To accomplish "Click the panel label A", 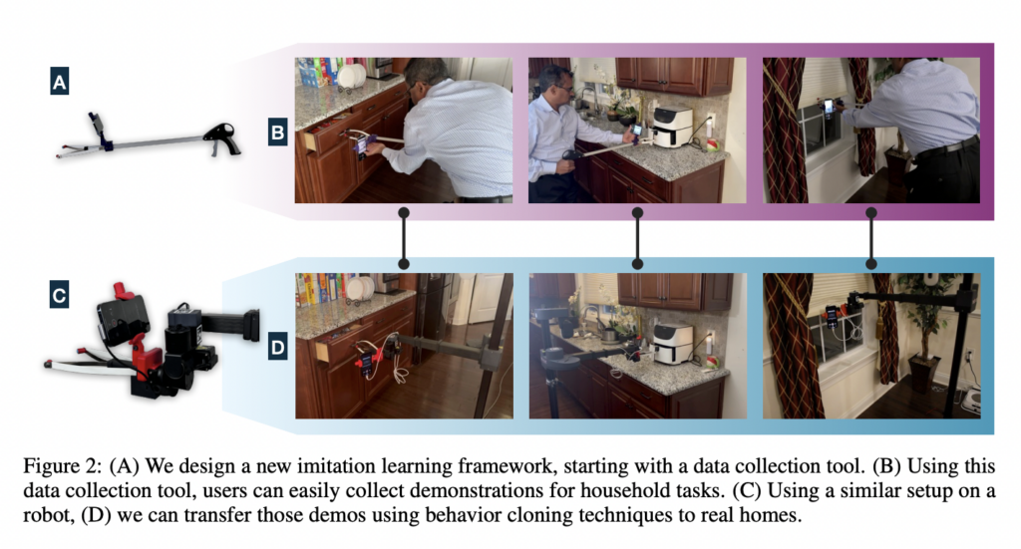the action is pyautogui.click(x=59, y=82).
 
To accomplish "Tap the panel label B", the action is pyautogui.click(x=277, y=133).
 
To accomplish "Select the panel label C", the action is pyautogui.click(x=59, y=295).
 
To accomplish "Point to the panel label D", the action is pyautogui.click(x=278, y=348).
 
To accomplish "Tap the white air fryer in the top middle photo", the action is pyautogui.click(x=671, y=128).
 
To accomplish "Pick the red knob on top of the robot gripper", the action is pyautogui.click(x=121, y=290).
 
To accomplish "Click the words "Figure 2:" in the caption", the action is pyautogui.click(x=63, y=465).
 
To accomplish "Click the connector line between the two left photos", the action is pyautogui.click(x=404, y=238).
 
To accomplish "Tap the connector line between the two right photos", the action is pyautogui.click(x=871, y=238).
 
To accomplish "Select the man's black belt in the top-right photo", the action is pyautogui.click(x=947, y=147).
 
